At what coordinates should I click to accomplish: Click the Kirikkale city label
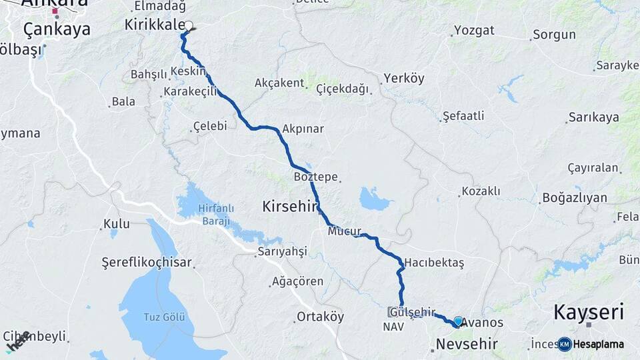coord(153,25)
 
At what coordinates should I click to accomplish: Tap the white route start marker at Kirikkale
coord(189,26)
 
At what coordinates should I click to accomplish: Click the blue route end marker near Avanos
coord(458,321)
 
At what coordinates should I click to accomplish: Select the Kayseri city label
coord(589,311)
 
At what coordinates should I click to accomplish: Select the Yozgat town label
coord(474,31)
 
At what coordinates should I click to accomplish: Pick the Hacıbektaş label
coord(433,262)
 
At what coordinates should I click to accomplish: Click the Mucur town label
coord(344,232)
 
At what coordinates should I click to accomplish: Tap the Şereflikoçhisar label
coord(146,262)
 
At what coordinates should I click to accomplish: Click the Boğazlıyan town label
coord(574,197)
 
